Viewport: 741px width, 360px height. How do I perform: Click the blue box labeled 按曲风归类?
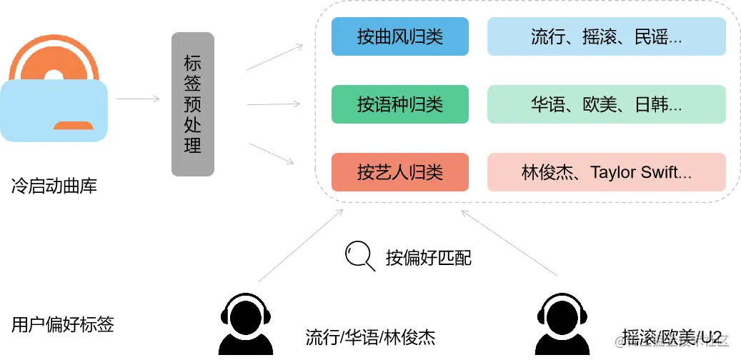[399, 36]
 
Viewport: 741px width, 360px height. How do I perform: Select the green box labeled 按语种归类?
[399, 104]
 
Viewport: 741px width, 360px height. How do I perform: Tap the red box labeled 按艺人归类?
[399, 172]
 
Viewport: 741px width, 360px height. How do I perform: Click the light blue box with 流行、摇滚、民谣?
[606, 36]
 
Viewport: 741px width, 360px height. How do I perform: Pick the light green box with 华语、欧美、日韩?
[606, 104]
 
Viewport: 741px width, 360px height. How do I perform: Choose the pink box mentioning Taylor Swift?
[606, 172]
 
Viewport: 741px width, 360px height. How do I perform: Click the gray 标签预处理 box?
[193, 104]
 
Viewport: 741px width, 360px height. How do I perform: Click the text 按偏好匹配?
[429, 258]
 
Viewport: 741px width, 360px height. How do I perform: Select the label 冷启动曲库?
[54, 187]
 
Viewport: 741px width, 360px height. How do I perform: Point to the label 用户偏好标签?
[63, 324]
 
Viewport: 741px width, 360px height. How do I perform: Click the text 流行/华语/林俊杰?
[370, 337]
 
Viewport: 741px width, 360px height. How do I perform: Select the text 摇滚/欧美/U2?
[672, 337]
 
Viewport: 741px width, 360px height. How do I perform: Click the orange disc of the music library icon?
[54, 61]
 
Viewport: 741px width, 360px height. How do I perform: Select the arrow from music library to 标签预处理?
[138, 99]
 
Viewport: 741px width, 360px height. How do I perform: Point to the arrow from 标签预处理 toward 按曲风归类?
[274, 58]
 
